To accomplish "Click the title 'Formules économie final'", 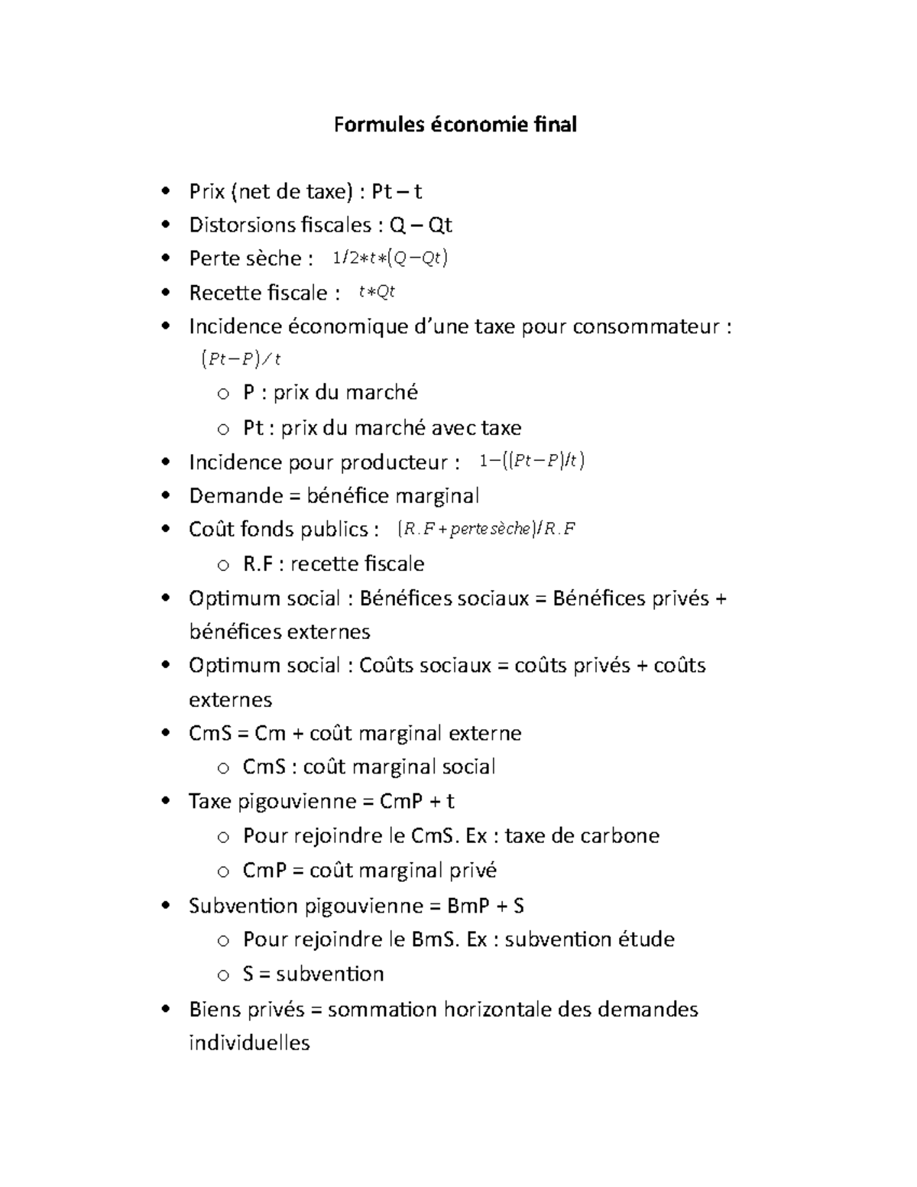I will tap(455, 125).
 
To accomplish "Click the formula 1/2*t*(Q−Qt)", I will tap(390, 258).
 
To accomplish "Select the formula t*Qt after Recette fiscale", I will tap(377, 292).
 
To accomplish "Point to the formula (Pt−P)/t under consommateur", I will tap(241, 358).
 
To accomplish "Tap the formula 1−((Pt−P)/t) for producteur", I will tap(532, 461).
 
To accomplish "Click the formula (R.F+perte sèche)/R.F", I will tap(487, 529).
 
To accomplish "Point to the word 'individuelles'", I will tap(249, 1043).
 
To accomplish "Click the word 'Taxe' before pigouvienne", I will tap(210, 801).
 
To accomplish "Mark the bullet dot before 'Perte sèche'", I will tap(165, 258).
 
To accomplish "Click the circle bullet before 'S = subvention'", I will tap(222, 975).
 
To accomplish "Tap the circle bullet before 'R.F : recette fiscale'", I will tap(222, 565).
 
